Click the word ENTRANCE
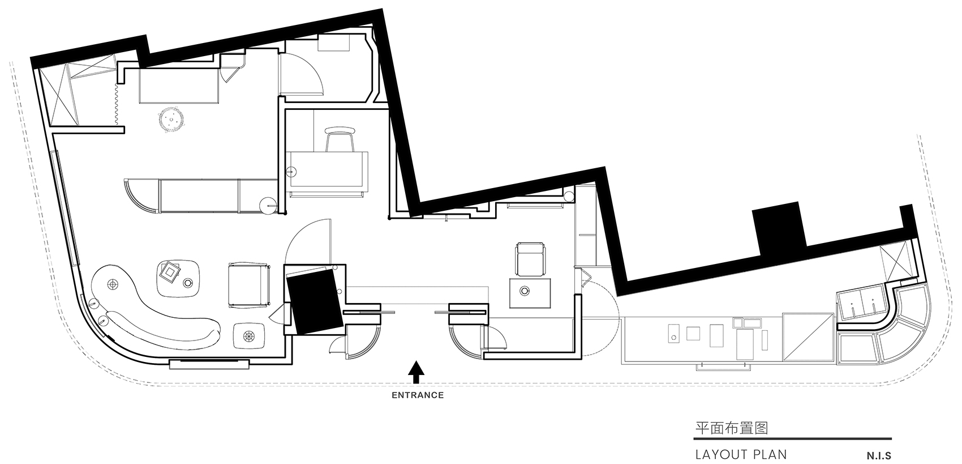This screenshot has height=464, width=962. tap(418, 395)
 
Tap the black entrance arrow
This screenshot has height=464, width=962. tap(416, 371)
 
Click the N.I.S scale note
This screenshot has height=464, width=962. tap(877, 455)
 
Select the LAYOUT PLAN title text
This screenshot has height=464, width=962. tap(740, 454)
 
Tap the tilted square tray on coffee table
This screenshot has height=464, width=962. tap(169, 273)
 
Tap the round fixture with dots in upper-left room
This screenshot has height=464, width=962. tap(170, 120)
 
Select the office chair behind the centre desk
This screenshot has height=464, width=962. tap(340, 138)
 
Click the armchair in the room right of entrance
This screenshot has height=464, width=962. tap(531, 258)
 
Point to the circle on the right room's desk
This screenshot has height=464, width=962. tap(525, 291)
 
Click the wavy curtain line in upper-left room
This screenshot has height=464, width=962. tap(115, 105)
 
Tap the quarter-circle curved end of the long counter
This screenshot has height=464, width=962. tap(138, 195)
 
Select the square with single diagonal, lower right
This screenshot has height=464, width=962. tap(808, 337)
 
